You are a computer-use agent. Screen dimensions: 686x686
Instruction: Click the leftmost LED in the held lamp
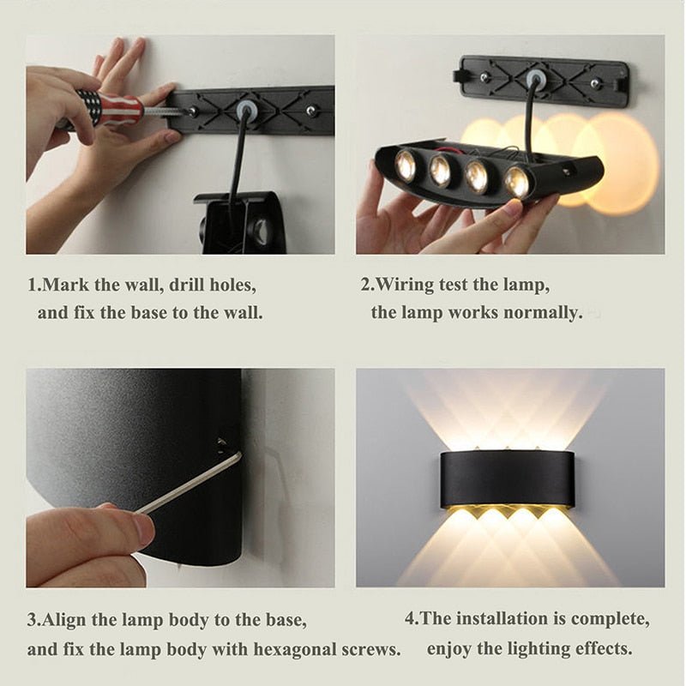(x=406, y=165)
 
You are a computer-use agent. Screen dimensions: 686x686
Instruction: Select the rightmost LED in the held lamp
(x=516, y=180)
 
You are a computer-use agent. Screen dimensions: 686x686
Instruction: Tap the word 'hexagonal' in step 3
(x=280, y=648)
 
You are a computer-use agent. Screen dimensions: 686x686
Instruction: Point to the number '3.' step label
(x=33, y=619)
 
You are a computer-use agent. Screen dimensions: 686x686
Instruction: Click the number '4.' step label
(x=412, y=618)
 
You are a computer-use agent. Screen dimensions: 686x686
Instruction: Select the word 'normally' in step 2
(x=541, y=312)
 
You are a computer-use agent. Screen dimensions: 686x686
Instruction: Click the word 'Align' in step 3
(x=63, y=619)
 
